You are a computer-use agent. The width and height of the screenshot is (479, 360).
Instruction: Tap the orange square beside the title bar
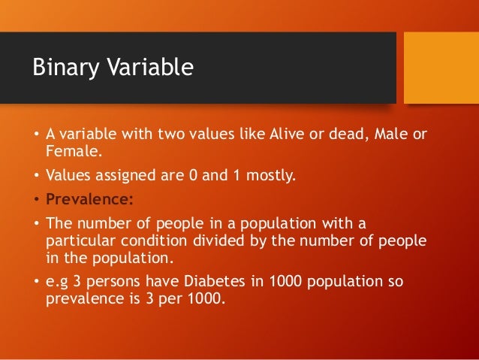pyautogui.click(x=441, y=67)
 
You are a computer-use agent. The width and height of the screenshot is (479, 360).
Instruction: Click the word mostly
pyautogui.click(x=272, y=179)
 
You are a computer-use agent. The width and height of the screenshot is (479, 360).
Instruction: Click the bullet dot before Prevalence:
pyautogui.click(x=35, y=201)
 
